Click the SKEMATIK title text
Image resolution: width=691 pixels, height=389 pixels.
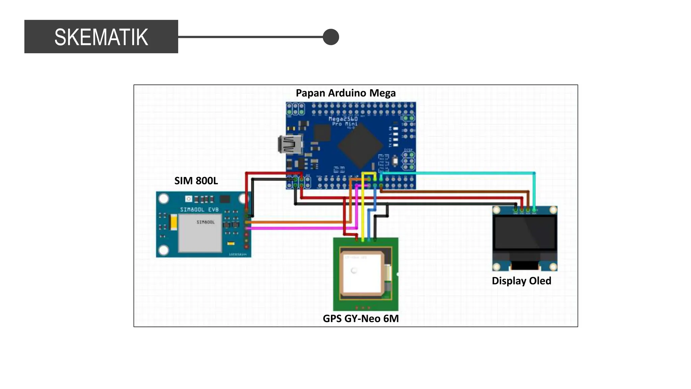pos(101,37)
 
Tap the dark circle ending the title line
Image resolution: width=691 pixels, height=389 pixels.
pos(331,37)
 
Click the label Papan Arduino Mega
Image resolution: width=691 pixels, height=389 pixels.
pos(345,93)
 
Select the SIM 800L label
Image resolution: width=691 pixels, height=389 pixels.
pos(196,181)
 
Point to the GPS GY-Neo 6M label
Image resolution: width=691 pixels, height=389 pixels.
pos(361,318)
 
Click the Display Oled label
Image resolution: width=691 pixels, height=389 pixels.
pos(521,281)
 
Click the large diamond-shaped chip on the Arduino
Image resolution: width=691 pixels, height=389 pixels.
pos(360,146)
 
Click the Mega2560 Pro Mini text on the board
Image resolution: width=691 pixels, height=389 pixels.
pos(343,121)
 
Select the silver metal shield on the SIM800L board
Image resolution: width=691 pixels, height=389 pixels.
pos(200,233)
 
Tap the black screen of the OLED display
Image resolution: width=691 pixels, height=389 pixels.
pos(524,233)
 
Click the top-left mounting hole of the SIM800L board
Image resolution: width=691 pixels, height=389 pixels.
pos(164,199)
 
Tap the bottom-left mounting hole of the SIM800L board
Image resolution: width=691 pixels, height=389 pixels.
pos(164,250)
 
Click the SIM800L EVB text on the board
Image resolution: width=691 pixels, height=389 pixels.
pos(199,210)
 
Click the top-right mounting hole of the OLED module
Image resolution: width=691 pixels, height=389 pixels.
pos(553,210)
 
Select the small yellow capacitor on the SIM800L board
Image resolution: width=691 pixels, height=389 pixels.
pos(173,222)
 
